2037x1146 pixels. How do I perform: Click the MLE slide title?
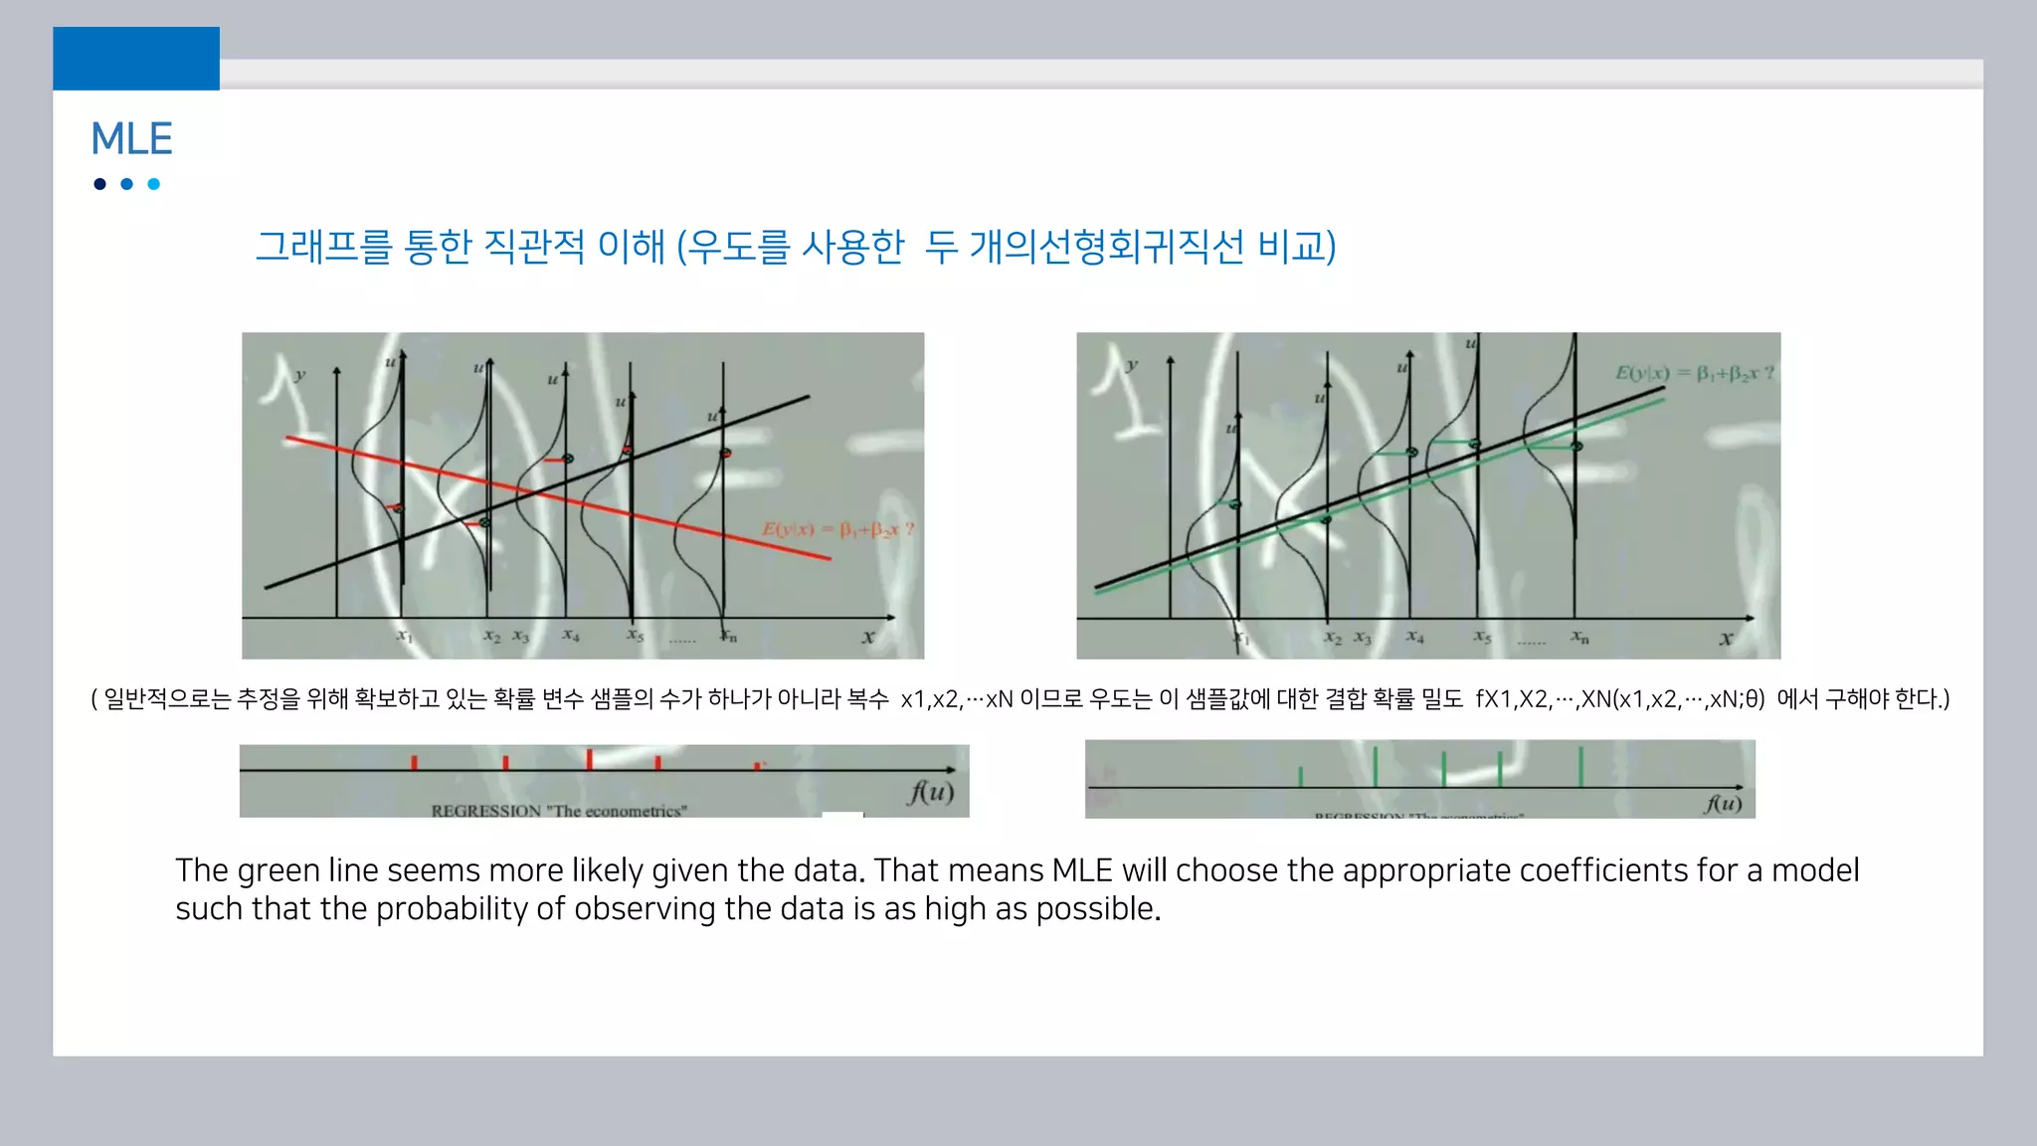131,139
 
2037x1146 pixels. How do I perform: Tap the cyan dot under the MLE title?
153,184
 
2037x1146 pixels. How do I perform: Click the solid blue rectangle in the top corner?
136,59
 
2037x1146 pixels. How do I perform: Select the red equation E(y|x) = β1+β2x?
837,529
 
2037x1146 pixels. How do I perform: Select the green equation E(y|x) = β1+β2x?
1694,373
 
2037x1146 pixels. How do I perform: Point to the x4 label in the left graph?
571,635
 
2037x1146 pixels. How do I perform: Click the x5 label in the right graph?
1482,636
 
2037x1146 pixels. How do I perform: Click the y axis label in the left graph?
299,375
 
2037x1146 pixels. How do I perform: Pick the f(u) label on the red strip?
930,792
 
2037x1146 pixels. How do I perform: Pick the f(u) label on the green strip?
1724,803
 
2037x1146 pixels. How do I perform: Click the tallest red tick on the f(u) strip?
590,759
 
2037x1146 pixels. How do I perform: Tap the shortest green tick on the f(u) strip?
1300,776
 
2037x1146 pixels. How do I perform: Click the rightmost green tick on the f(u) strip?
1580,767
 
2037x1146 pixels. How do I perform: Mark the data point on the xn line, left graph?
725,454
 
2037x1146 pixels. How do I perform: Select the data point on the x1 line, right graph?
1235,504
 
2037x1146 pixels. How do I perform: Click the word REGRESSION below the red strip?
485,811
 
